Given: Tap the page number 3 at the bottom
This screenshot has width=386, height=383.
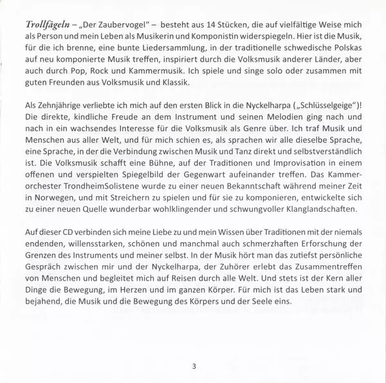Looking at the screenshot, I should pyautogui.click(x=194, y=368).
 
